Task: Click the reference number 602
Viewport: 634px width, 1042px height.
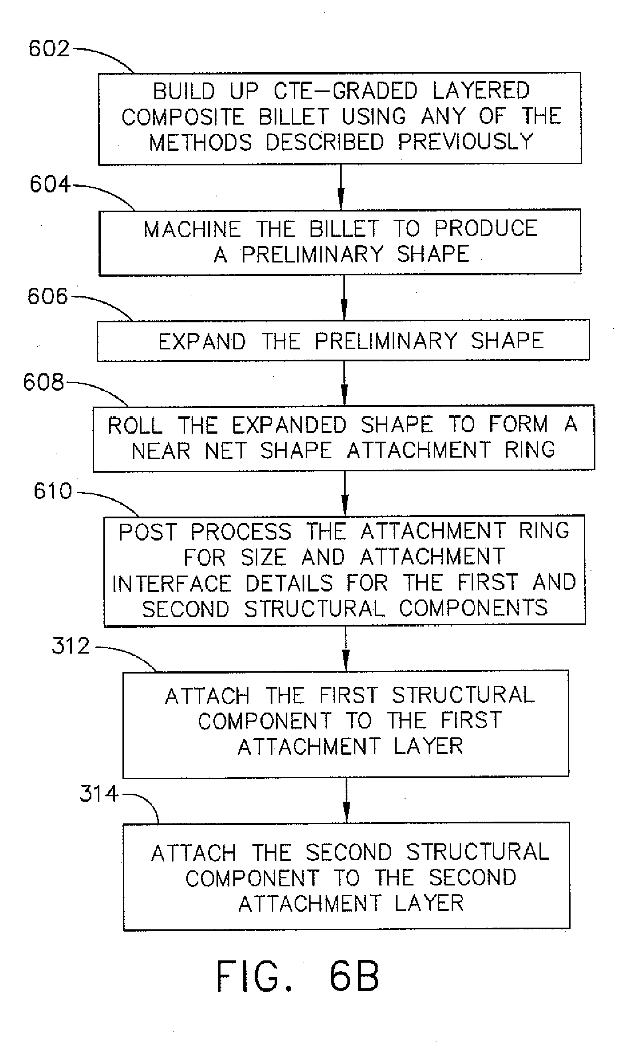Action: coord(49,49)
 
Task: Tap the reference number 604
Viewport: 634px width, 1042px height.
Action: coord(50,184)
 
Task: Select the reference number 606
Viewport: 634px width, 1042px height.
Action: coord(48,296)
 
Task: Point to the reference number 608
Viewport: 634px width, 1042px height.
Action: coord(43,382)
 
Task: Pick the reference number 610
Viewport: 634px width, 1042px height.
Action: coord(53,492)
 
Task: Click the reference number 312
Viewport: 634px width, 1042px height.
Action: coord(71,646)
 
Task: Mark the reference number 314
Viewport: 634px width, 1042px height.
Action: coord(99,793)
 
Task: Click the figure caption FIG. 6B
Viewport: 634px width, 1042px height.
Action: coord(298,977)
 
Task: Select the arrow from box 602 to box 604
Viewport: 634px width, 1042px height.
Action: coord(341,187)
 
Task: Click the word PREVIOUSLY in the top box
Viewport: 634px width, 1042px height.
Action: coord(465,142)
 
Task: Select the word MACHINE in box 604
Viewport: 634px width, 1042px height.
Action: coord(192,230)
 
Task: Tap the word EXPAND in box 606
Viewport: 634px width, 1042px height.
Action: coord(202,342)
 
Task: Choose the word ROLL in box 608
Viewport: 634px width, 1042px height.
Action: coord(135,426)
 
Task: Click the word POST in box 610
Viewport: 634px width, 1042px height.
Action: coord(148,532)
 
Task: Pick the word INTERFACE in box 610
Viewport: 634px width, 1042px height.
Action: coord(172,584)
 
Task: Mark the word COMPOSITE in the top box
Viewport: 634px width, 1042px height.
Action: coord(183,118)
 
